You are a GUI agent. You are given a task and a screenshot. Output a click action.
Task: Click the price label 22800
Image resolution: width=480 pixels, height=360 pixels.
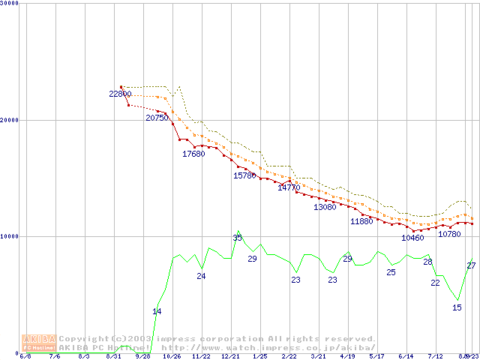click(120, 94)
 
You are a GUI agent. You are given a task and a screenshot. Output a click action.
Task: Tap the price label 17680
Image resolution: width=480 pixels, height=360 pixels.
click(193, 154)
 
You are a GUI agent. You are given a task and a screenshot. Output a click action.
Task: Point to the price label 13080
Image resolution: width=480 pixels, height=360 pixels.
click(325, 207)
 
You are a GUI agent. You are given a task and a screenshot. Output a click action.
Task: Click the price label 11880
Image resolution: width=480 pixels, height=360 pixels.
click(361, 222)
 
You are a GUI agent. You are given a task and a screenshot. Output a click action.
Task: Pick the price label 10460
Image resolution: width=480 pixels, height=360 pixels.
click(412, 238)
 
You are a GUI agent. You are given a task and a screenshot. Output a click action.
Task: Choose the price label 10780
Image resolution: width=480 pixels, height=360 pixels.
click(449, 234)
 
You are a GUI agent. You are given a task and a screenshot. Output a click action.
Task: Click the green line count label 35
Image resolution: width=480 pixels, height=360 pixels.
click(237, 238)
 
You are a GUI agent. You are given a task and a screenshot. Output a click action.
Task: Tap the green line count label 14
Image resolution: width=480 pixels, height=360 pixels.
click(157, 311)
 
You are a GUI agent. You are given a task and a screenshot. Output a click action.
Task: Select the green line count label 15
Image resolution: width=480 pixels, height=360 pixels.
click(457, 307)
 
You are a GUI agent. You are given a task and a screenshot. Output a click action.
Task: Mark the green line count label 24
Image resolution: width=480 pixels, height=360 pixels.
click(201, 276)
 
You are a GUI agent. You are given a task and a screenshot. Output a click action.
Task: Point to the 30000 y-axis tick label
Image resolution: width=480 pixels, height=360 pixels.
click(10, 3)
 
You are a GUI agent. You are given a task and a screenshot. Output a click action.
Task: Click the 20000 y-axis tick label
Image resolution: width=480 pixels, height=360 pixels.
click(10, 120)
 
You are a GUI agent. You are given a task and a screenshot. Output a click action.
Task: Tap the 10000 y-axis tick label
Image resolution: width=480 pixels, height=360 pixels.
click(10, 236)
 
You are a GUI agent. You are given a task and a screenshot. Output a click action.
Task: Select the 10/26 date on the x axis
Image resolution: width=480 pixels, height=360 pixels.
click(172, 356)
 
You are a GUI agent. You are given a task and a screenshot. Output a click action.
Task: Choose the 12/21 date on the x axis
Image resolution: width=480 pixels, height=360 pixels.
click(230, 356)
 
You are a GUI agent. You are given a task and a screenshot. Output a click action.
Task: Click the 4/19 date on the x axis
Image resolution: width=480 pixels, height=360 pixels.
click(347, 356)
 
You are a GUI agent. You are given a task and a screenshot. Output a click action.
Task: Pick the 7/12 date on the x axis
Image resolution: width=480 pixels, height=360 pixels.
click(435, 356)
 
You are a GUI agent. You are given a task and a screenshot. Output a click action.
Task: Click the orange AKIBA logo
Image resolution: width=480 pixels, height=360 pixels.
click(39, 342)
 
